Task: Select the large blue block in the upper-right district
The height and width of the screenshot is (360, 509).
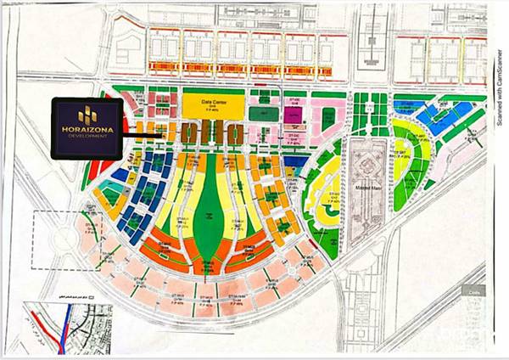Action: point(440,118)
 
